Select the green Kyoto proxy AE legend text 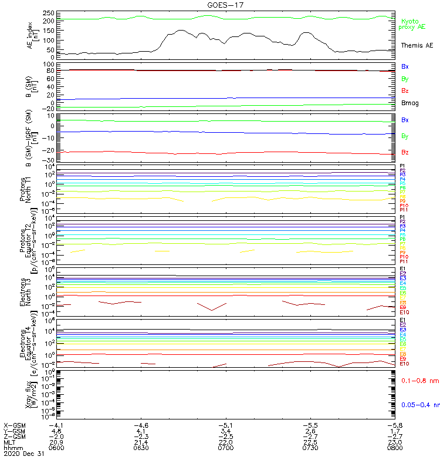tap(412, 24)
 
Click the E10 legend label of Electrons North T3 tap(404, 312)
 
